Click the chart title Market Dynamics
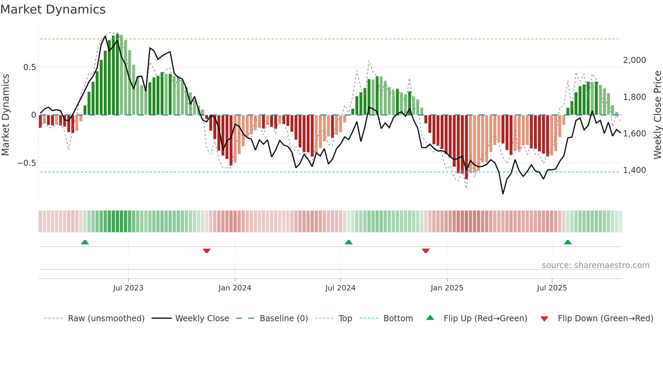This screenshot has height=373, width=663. pyautogui.click(x=53, y=9)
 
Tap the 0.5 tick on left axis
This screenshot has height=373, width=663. pyautogui.click(x=29, y=67)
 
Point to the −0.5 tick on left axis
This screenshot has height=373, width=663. pyautogui.click(x=27, y=163)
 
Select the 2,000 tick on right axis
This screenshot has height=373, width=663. pyautogui.click(x=634, y=60)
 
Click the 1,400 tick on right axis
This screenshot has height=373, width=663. pyautogui.click(x=634, y=170)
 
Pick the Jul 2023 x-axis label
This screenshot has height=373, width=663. pyautogui.click(x=128, y=288)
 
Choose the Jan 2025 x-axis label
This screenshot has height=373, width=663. pyautogui.click(x=447, y=288)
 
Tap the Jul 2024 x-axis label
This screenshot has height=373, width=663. pyautogui.click(x=340, y=288)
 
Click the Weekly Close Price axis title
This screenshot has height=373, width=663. pyautogui.click(x=657, y=115)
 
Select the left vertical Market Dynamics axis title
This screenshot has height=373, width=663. pyautogui.click(x=5, y=115)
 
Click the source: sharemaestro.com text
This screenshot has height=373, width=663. pyautogui.click(x=595, y=265)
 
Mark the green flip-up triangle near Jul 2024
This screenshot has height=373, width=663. pyautogui.click(x=348, y=242)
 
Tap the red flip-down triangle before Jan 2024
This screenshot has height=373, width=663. pyautogui.click(x=207, y=251)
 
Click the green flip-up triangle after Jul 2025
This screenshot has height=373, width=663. pyautogui.click(x=568, y=242)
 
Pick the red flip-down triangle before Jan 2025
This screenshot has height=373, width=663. pyautogui.click(x=426, y=251)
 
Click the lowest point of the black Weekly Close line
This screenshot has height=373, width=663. pyautogui.click(x=503, y=194)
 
